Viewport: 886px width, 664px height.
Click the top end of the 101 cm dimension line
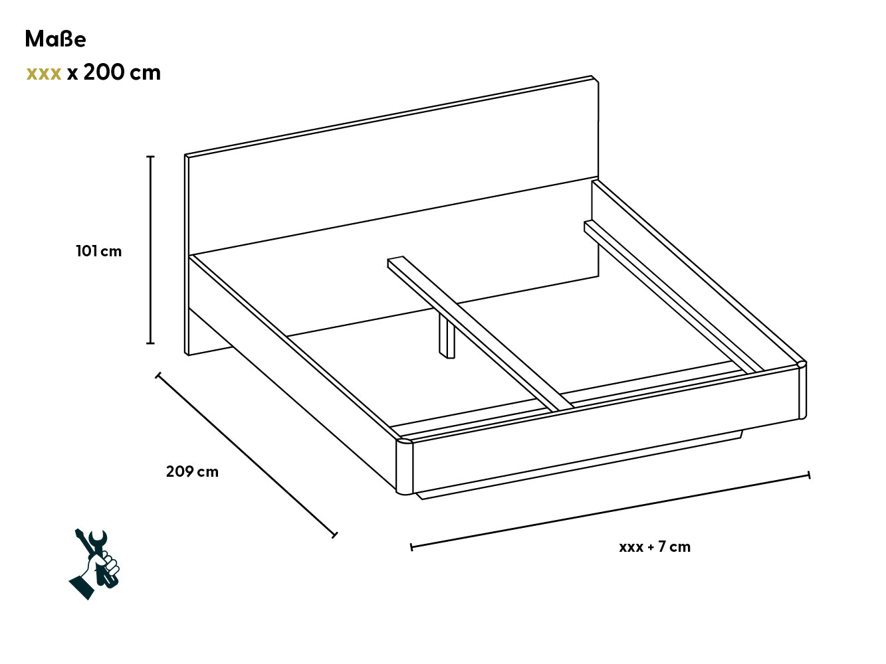[x=150, y=157]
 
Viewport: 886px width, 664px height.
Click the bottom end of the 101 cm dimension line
[x=150, y=343]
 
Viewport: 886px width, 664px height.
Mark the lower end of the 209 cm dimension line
[x=334, y=535]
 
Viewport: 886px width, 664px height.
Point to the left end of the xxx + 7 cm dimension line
[x=411, y=547]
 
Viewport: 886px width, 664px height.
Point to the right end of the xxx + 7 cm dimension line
[x=809, y=475]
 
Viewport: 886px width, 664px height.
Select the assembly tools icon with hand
[x=94, y=564]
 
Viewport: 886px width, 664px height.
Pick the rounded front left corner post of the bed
[x=405, y=467]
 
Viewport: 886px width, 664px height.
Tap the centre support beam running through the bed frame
[x=480, y=333]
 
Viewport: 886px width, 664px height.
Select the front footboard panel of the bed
[x=606, y=430]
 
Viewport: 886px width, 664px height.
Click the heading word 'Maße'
[x=55, y=39]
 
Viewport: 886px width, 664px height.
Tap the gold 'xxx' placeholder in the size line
[x=44, y=74]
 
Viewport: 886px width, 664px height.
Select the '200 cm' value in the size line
[x=122, y=72]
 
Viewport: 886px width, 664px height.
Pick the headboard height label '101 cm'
[x=99, y=251]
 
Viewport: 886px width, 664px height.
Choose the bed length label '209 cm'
[x=192, y=471]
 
